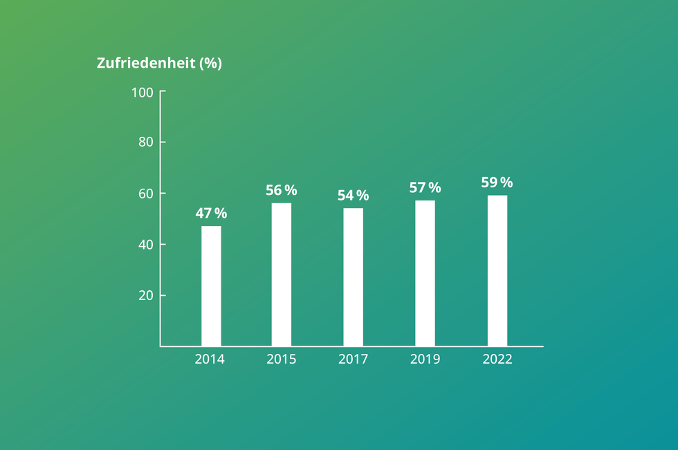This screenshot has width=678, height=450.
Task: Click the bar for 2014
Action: pyautogui.click(x=211, y=285)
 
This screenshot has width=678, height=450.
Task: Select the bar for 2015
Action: pyautogui.click(x=281, y=274)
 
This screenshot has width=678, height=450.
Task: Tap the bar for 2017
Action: pyautogui.click(x=353, y=276)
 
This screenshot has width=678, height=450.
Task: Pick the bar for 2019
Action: pyautogui.click(x=425, y=273)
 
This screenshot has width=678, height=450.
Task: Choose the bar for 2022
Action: pyautogui.click(x=497, y=270)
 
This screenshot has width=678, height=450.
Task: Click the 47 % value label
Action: pyautogui.click(x=211, y=214)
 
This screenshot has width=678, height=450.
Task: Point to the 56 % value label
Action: pyautogui.click(x=281, y=190)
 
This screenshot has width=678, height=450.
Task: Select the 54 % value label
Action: pyautogui.click(x=353, y=196)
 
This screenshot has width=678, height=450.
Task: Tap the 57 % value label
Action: pyautogui.click(x=425, y=187)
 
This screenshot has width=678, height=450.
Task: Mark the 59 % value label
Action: pyautogui.click(x=497, y=182)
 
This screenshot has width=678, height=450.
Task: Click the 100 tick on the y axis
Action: pyautogui.click(x=142, y=92)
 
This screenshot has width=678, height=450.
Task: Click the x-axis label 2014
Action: pyautogui.click(x=210, y=359)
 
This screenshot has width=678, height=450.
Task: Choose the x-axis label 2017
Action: pyautogui.click(x=353, y=359)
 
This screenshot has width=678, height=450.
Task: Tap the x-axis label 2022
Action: pyautogui.click(x=497, y=359)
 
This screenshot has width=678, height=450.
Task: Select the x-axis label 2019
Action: pyautogui.click(x=425, y=359)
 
